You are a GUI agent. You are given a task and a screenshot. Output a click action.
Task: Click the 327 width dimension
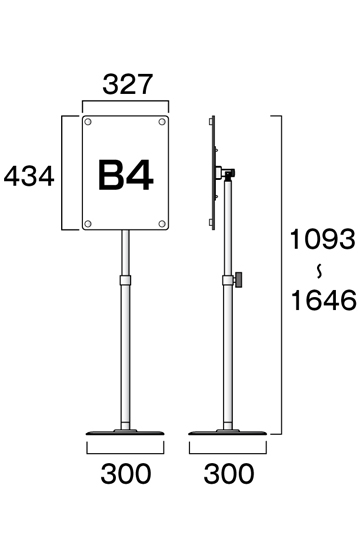click(x=128, y=84)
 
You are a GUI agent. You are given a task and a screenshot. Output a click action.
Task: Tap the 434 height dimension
click(x=29, y=176)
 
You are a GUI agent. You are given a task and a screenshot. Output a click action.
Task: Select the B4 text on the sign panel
click(x=125, y=175)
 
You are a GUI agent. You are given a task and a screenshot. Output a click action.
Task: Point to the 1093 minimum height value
click(x=322, y=239)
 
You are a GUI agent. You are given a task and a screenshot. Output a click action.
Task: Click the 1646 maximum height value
click(x=324, y=300)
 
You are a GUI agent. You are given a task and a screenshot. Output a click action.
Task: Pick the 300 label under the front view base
click(x=126, y=474)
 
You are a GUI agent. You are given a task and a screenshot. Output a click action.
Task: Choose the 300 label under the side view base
click(x=229, y=474)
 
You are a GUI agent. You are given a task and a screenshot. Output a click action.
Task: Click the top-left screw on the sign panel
click(x=88, y=122)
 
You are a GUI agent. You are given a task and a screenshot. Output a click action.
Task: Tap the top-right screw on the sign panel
click(x=162, y=122)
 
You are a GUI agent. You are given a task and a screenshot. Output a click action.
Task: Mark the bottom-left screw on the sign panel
click(x=88, y=224)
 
